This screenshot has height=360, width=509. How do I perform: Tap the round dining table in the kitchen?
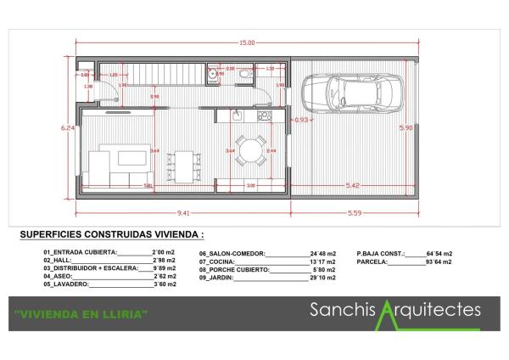(x=249, y=150)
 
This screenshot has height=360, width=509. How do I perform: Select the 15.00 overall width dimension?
(x=247, y=42)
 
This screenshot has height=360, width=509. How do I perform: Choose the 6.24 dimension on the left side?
(x=67, y=127)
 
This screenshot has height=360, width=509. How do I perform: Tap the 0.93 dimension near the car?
(x=301, y=120)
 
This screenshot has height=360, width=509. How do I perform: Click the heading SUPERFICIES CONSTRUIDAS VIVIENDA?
(x=111, y=234)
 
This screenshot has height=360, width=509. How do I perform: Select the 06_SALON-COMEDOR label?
(x=232, y=253)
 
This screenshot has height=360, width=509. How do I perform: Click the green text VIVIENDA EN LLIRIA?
(x=81, y=314)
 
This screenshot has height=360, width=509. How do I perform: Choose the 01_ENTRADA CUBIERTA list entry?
(x=80, y=253)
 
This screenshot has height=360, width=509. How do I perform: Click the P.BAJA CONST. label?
(x=380, y=253)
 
